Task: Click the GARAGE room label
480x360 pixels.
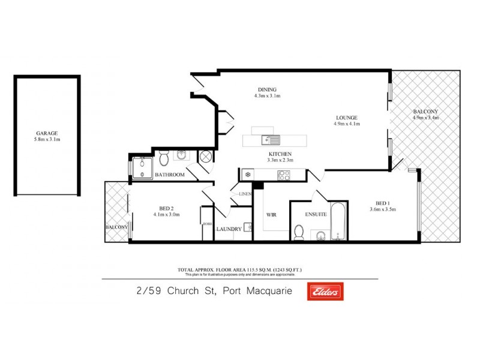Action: coord(47,134)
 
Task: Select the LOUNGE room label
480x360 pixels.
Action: coord(347,118)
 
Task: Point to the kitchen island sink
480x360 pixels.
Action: coord(271,140)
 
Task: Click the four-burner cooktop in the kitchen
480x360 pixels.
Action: coord(284,175)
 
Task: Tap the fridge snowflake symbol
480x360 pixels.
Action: coord(247,175)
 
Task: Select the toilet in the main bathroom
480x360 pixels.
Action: coord(164,158)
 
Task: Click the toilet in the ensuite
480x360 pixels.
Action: coord(299,231)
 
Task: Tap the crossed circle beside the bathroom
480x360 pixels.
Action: coord(206,157)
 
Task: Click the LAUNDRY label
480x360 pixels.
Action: coord(229,229)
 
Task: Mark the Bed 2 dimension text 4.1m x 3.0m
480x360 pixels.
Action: coord(167,214)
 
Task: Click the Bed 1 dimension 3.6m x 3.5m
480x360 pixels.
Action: coord(382,209)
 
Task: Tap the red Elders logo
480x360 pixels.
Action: coord(325,291)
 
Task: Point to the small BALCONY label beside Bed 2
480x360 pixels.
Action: coord(116,227)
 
